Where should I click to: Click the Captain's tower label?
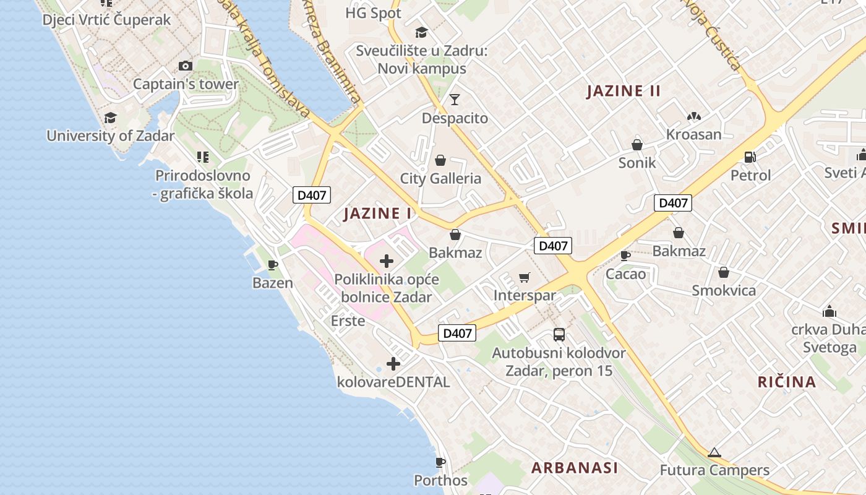click(x=186, y=84)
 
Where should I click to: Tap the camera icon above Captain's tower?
click(x=185, y=66)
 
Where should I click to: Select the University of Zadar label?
click(x=111, y=136)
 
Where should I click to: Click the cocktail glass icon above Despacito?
click(x=455, y=99)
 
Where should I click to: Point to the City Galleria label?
click(x=440, y=179)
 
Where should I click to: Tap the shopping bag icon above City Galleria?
click(x=440, y=161)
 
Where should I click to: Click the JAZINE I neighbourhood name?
click(x=377, y=213)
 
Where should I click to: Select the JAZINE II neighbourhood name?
click(x=624, y=91)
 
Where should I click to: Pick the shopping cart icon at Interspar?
click(x=525, y=277)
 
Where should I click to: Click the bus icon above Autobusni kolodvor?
click(x=559, y=335)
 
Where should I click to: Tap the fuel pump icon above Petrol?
click(x=750, y=157)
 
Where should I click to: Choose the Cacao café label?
click(x=626, y=274)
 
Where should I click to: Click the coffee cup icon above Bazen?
click(x=273, y=265)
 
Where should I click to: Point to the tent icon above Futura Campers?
click(x=714, y=452)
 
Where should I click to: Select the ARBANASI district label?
click(x=575, y=468)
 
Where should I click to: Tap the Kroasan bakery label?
click(x=693, y=134)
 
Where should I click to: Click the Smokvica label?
click(x=724, y=290)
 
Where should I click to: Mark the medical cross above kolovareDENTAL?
click(x=393, y=364)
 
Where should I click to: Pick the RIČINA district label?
click(x=787, y=382)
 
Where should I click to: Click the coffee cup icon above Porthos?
click(x=440, y=462)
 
